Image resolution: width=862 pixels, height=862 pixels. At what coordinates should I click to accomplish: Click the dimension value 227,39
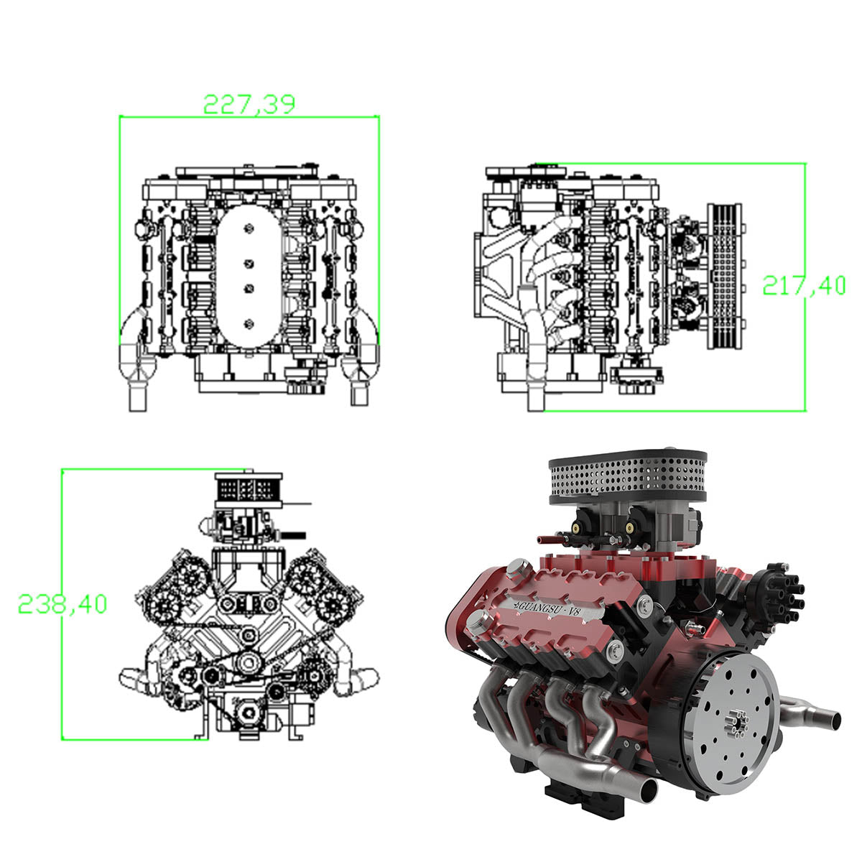249,103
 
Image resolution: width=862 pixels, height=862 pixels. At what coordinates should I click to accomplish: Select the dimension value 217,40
804,285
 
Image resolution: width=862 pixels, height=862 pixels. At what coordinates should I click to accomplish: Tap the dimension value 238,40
62,604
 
